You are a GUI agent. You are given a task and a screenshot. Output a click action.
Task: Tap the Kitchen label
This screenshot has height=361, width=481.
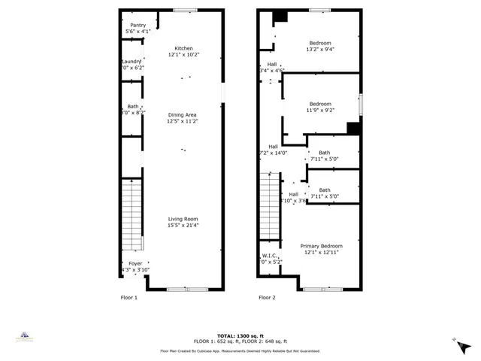coord(184,48)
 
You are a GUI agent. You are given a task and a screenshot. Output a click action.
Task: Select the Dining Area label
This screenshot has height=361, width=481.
coord(181,114)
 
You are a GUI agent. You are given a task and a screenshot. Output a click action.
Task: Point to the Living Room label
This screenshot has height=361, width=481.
coord(183,219)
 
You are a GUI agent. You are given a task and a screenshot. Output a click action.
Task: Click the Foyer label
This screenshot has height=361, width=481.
coord(135,263)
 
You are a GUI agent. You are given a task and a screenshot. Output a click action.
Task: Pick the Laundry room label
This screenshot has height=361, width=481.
coord(132,62)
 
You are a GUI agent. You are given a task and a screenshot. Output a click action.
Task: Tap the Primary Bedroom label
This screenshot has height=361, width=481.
coord(322,246)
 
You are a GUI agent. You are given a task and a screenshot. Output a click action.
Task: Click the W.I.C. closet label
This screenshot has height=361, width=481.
coord(269,256)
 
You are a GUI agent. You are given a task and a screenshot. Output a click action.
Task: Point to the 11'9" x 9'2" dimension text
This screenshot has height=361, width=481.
coord(321,111)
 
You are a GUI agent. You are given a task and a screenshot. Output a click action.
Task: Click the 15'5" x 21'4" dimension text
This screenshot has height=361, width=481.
coord(183,225)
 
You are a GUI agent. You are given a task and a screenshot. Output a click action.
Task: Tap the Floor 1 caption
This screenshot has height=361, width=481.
coord(129,297)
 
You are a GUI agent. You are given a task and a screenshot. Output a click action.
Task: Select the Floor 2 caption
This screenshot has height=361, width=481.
coord(267,297)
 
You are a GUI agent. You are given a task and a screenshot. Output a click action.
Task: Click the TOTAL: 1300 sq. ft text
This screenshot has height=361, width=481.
coord(240,335)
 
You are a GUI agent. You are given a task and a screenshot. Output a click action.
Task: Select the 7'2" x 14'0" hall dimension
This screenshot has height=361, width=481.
coord(274,153)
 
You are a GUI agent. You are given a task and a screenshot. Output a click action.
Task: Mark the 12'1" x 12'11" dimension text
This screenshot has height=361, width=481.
coord(322,253)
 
